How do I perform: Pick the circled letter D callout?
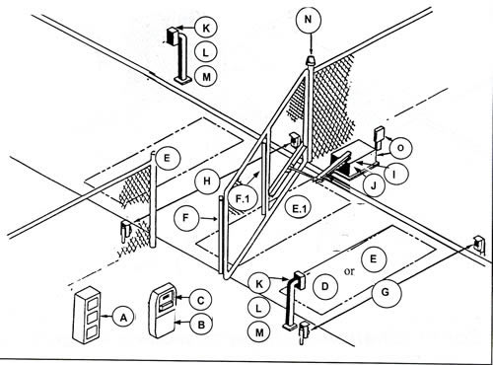point(325,283)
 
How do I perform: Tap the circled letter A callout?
point(122,317)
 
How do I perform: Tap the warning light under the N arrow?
point(311,61)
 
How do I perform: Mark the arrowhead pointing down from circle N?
point(312,49)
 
